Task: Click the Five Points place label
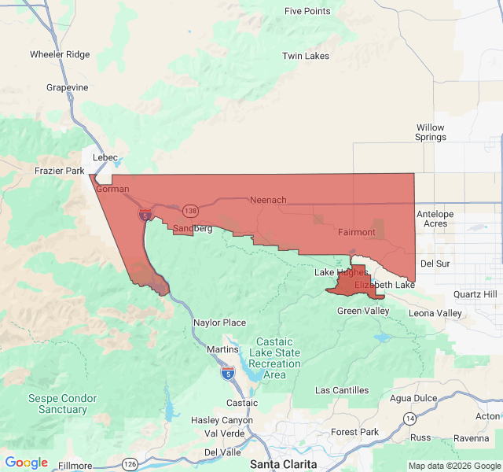click(307, 11)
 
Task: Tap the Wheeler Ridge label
click(60, 54)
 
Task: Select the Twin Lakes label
click(306, 56)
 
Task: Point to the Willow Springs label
click(430, 132)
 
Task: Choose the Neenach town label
click(268, 200)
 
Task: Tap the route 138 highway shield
click(190, 211)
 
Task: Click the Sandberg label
click(193, 228)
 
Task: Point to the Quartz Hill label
click(475, 294)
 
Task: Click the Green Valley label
click(363, 311)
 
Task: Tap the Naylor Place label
click(219, 323)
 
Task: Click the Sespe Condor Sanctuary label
click(63, 404)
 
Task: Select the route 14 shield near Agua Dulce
click(409, 417)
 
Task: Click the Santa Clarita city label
click(284, 463)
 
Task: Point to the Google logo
click(27, 463)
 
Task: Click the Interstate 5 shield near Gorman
click(145, 214)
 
